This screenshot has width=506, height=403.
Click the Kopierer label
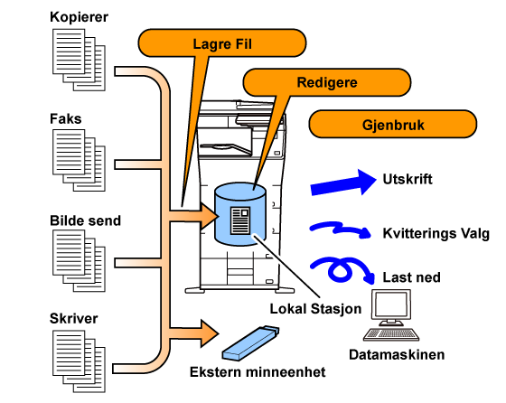(79, 17)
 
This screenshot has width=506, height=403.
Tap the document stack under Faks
(79, 160)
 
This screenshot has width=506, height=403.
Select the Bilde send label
(85, 220)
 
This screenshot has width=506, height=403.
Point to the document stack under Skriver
(79, 361)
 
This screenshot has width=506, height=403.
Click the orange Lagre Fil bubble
(222, 43)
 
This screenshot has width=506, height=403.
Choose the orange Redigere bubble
(326, 82)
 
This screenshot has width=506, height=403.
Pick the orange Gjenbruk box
(393, 124)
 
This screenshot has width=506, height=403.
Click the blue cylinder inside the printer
(240, 213)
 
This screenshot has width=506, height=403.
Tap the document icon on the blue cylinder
(240, 220)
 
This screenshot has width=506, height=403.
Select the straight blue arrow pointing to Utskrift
(343, 183)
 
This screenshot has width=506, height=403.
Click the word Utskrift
(408, 179)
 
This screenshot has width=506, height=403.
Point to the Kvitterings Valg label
(436, 233)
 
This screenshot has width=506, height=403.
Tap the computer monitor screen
(390, 305)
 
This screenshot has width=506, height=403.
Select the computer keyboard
(391, 334)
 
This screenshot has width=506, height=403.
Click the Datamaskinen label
(397, 354)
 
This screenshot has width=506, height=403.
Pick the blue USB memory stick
(250, 343)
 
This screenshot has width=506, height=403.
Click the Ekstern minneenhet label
(258, 371)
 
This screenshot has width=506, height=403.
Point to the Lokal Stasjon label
(315, 309)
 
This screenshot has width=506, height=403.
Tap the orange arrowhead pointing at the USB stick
(209, 333)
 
